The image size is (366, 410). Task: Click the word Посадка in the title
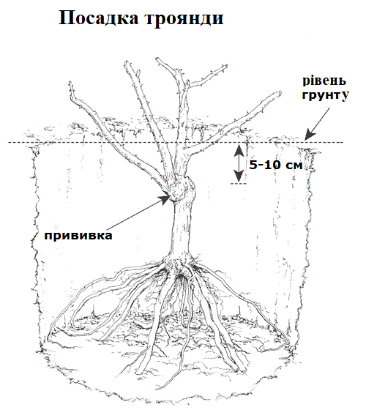(x=98, y=18)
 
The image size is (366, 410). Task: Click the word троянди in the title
(x=184, y=19)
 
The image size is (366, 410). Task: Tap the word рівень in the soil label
(x=324, y=81)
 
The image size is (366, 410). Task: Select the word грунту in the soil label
(x=326, y=95)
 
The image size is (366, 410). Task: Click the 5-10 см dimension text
(x=276, y=165)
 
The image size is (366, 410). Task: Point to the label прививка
(x=78, y=235)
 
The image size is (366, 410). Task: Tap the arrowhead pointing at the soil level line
(x=310, y=134)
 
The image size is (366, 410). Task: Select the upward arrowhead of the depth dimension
(x=239, y=149)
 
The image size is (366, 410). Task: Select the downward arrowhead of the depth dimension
(x=239, y=176)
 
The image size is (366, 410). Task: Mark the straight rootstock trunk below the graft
(x=182, y=228)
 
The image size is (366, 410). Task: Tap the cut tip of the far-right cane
(x=279, y=94)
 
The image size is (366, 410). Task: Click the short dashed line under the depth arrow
(x=239, y=184)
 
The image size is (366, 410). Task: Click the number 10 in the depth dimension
(x=272, y=165)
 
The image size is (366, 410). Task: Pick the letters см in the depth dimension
(x=294, y=165)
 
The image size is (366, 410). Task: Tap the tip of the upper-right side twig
(x=225, y=67)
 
